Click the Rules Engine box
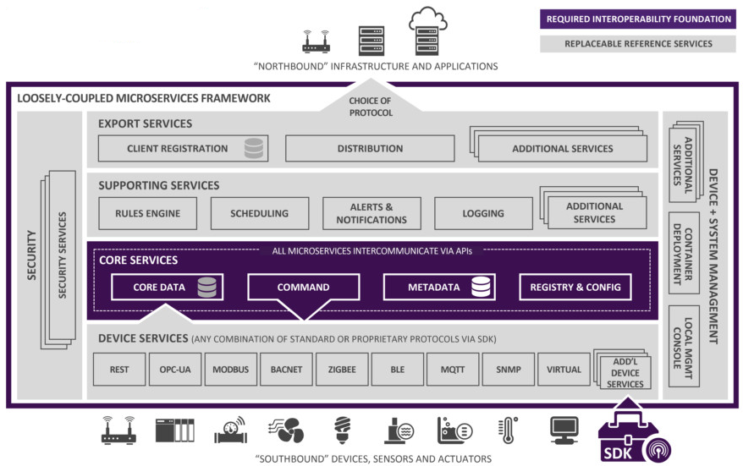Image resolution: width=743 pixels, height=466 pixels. coord(147,213)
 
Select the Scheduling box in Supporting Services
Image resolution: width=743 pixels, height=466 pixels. coord(259,213)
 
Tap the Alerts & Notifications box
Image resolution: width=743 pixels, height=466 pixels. coord(371,213)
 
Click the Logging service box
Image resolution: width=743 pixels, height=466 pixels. coord(483,213)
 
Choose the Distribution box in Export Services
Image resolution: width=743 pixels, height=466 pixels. coord(370,148)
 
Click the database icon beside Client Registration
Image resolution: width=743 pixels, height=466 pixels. coord(253,148)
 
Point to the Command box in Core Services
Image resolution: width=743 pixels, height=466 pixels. coord(303,288)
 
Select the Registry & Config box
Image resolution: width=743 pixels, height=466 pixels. coord(575,288)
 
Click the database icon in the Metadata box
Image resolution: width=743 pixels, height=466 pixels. coord(482,288)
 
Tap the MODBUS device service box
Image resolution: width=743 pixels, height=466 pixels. coord(230,370)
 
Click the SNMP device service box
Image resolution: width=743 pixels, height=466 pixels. coord(509,370)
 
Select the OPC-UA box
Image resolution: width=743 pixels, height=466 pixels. coord(175,370)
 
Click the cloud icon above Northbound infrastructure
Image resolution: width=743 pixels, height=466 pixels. coord(427,19)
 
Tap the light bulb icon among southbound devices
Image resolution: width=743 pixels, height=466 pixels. coord(343,430)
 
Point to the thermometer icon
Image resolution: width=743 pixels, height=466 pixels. coord(508,430)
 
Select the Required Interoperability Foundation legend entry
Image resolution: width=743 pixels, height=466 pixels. coord(638,19)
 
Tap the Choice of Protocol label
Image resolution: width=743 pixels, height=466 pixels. coord(370,106)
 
